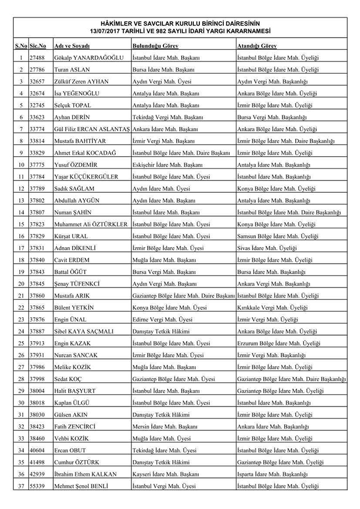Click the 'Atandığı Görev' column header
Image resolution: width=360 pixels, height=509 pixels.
(257, 46)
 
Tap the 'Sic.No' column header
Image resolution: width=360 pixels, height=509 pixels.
(38, 46)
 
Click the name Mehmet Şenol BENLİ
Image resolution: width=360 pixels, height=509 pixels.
(81, 486)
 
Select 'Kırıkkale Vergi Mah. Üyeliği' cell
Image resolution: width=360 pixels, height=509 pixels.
(272, 307)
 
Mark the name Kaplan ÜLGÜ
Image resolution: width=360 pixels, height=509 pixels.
(71, 403)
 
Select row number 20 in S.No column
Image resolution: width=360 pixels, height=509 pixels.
(20, 284)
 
